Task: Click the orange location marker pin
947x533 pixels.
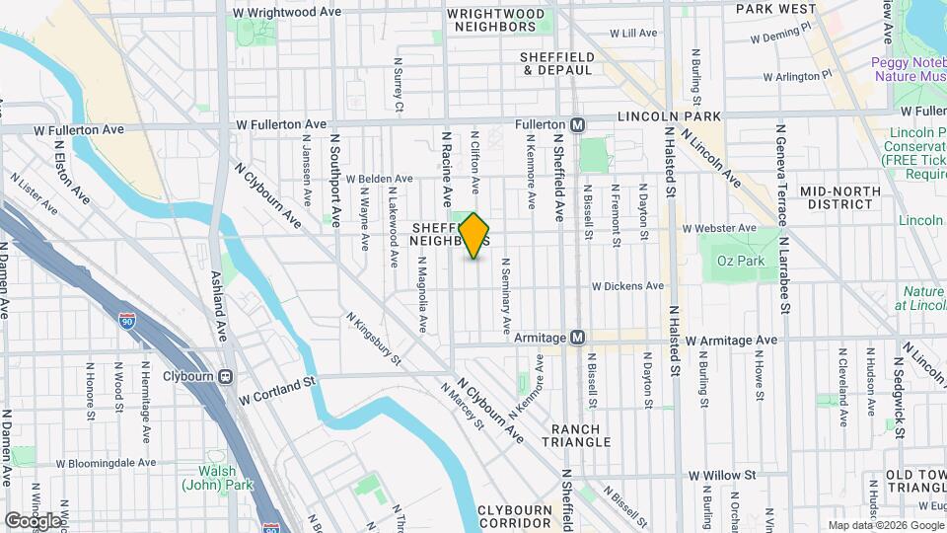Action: coord(473,236)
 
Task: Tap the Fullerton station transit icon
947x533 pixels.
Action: coord(578,125)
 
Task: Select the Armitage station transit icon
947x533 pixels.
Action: coord(578,338)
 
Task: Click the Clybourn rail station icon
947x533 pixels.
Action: coord(226,376)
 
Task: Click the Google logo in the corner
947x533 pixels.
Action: coord(33,520)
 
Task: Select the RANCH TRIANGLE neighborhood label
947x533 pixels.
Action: coord(581,435)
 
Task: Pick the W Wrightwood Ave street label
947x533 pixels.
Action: coord(286,13)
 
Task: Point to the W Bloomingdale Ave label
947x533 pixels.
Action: coord(106,462)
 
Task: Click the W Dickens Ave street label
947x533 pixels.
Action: coord(627,286)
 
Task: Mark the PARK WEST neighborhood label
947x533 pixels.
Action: coord(775,9)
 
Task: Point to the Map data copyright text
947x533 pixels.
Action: coord(885,525)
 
